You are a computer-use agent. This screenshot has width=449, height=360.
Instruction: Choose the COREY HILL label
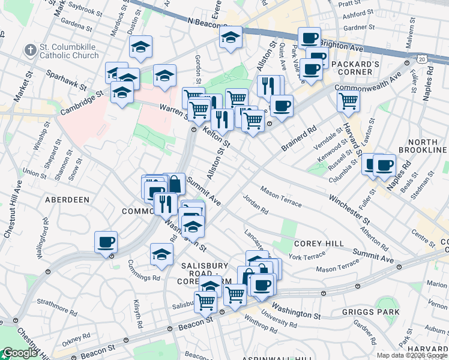click(x=319, y=243)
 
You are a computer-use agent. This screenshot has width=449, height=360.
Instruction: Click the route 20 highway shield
click(x=423, y=59)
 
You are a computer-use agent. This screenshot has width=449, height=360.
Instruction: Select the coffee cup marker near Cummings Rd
click(x=106, y=242)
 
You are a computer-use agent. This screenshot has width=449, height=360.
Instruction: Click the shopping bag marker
click(x=174, y=183)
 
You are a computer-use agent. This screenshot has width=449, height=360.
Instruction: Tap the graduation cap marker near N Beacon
click(x=231, y=37)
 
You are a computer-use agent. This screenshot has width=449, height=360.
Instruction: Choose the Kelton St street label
click(x=217, y=136)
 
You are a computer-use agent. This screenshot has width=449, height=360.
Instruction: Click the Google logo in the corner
click(x=20, y=353)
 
